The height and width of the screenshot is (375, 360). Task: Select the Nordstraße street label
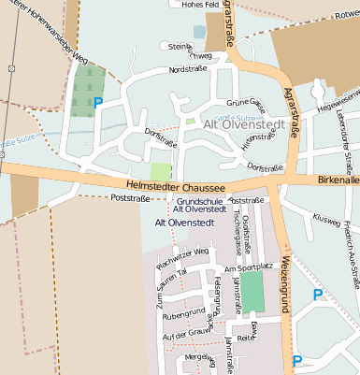[187, 69]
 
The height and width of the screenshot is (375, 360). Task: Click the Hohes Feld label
[199, 5]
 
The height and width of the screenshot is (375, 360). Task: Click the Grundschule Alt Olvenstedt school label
[199, 205]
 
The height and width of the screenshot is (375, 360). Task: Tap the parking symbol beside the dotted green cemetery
[97, 103]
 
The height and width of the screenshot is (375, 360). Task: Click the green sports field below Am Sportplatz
[252, 293]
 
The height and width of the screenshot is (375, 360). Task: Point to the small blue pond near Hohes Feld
[198, 32]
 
